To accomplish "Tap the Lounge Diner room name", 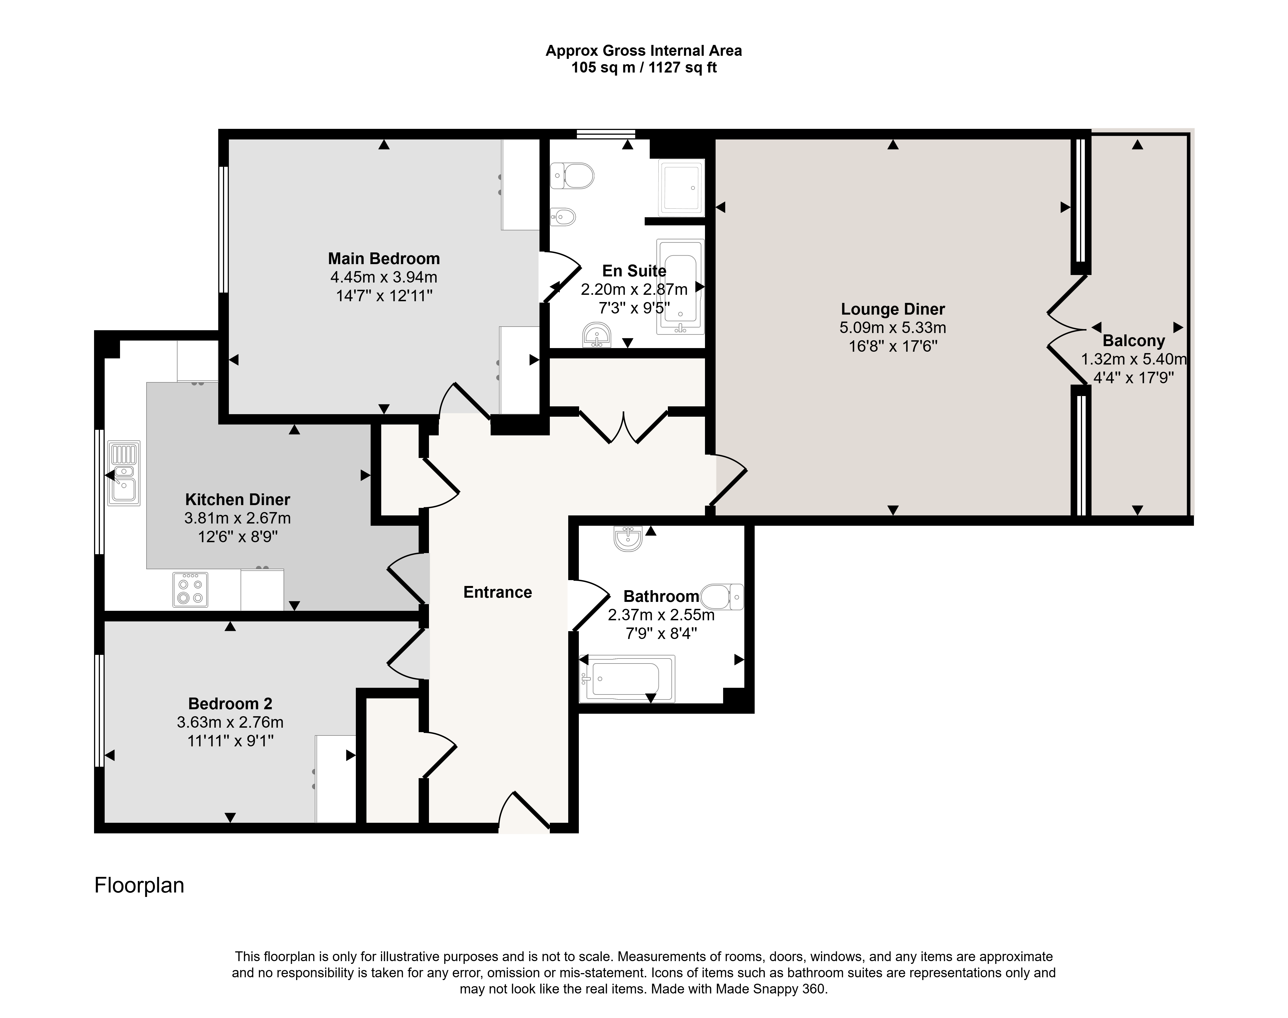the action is [x=893, y=309].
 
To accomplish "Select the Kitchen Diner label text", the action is [x=237, y=500].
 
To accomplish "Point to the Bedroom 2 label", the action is [x=230, y=704].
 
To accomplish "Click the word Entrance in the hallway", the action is [x=497, y=592].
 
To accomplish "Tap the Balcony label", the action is [x=1134, y=341].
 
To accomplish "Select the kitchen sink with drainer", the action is [x=124, y=473].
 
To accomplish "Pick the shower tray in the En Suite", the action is [x=681, y=188].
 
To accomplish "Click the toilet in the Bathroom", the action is [x=722, y=597].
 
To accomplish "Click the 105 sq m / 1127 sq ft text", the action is [x=644, y=68].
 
